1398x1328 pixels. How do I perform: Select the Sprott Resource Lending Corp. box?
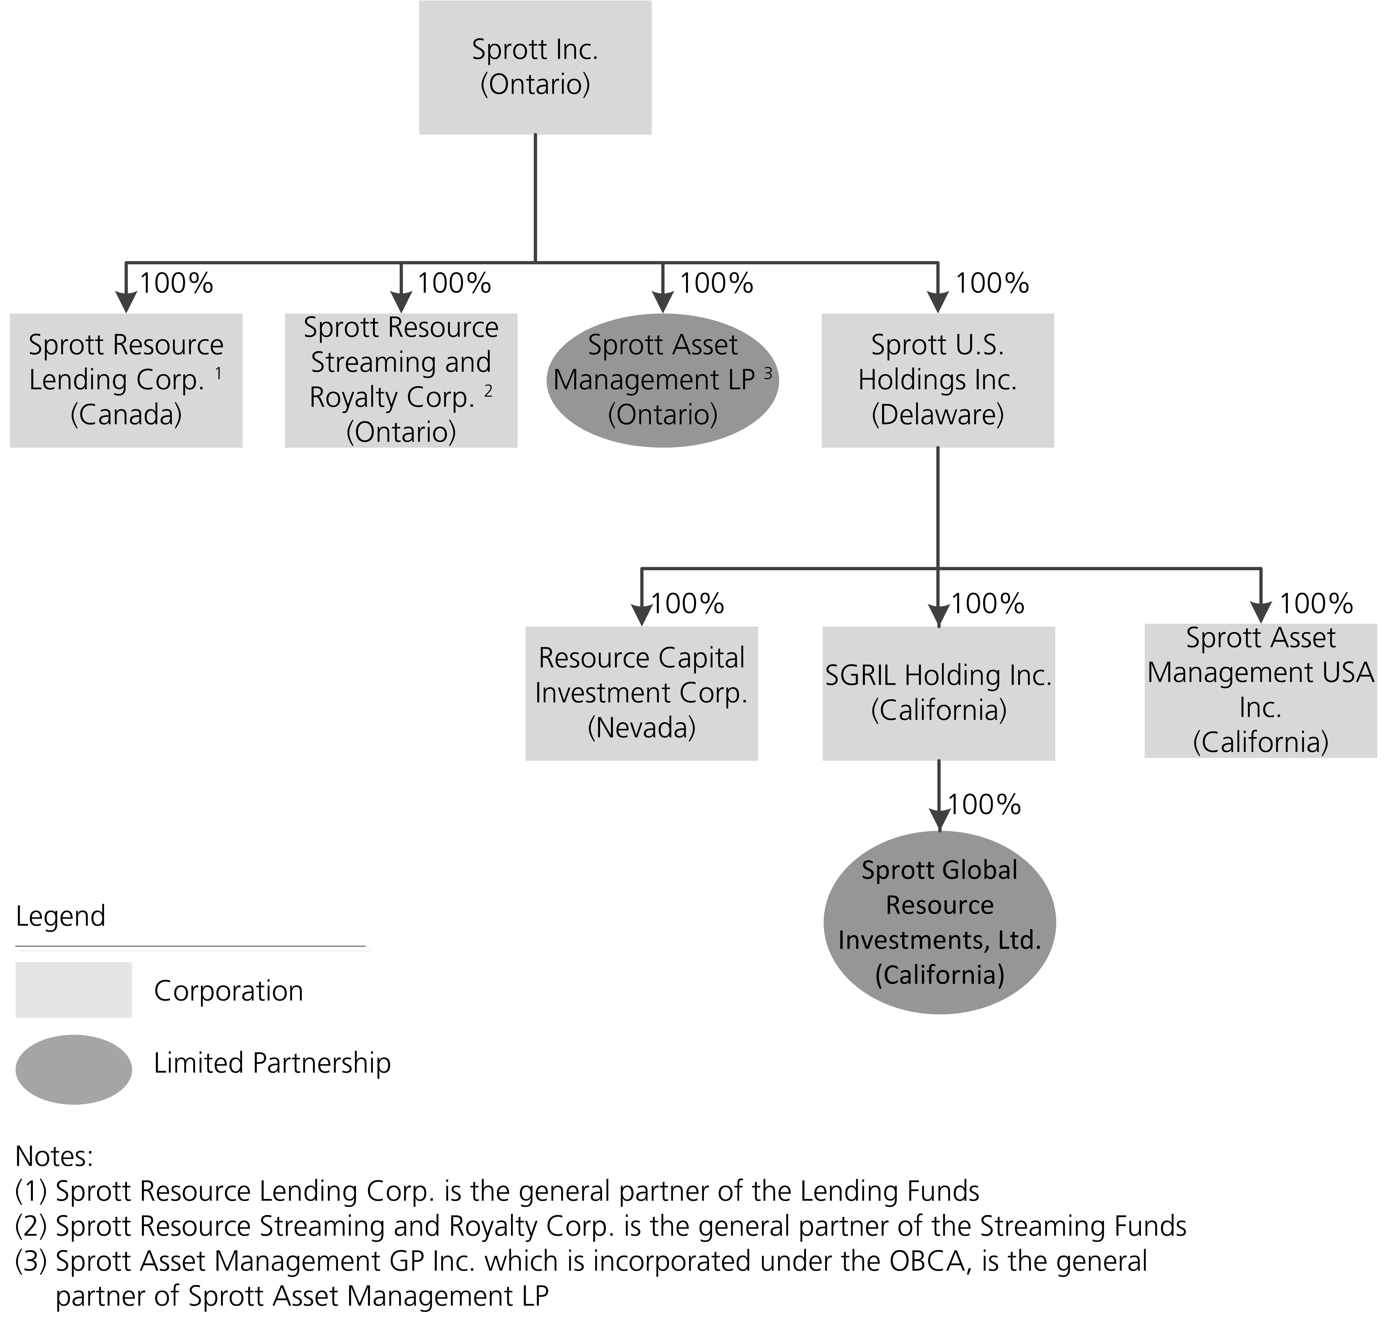(x=126, y=380)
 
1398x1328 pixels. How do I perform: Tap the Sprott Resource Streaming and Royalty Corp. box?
(x=401, y=380)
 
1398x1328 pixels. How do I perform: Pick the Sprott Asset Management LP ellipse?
(x=662, y=380)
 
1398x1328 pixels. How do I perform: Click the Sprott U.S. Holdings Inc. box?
(x=937, y=380)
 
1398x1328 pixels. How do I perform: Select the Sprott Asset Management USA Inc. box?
(x=1261, y=690)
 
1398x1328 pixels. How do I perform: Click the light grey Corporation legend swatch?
(x=74, y=990)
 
